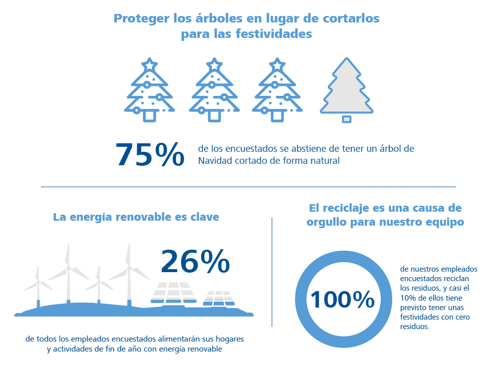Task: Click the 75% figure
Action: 150,154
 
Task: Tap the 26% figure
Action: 195,262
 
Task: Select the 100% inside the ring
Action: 342,300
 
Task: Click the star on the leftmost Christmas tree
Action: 149,64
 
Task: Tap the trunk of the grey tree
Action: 347,119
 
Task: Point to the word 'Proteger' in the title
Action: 142,18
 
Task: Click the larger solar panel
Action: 174,293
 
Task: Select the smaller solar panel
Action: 219,299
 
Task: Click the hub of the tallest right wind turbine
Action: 129,268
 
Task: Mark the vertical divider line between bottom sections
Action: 272,272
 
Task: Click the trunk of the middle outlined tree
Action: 214,116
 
